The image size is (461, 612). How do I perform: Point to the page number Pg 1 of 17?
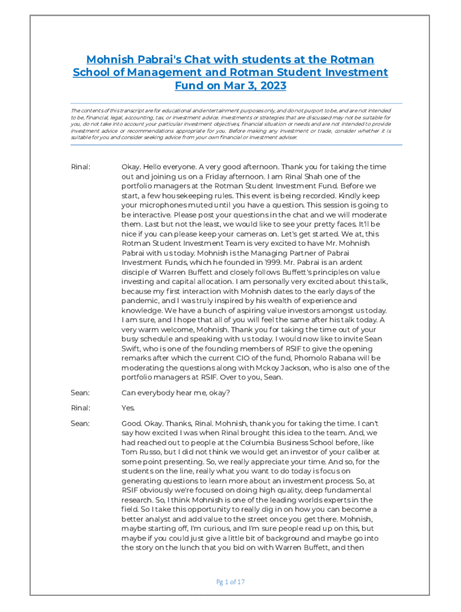[230, 582]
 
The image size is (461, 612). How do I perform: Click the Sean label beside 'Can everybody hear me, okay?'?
[80, 392]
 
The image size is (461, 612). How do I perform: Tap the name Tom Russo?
[142, 452]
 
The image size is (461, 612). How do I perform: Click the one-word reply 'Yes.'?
[128, 408]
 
